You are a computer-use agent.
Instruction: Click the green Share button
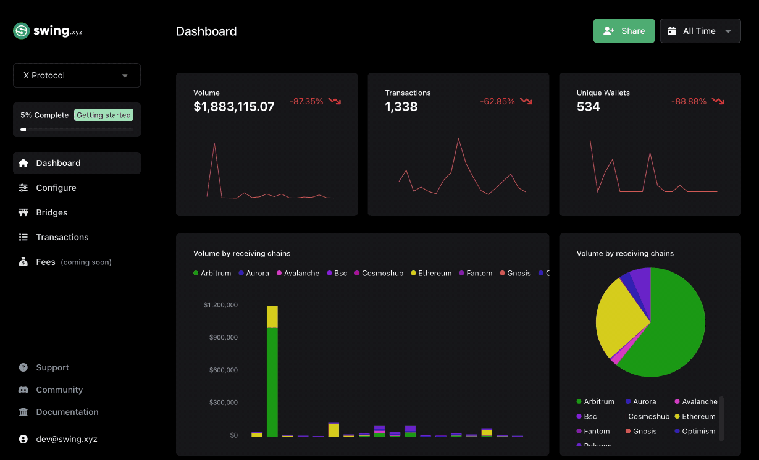click(624, 31)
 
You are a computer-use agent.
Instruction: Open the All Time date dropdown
click(700, 31)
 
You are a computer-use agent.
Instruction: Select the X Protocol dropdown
click(77, 75)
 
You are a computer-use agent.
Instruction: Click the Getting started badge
click(103, 115)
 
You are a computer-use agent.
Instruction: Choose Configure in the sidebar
click(56, 188)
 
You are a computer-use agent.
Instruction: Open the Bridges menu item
click(51, 212)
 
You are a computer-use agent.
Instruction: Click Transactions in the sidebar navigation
click(62, 237)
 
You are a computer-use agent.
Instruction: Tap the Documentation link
click(67, 412)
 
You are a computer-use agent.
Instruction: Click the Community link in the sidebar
click(59, 390)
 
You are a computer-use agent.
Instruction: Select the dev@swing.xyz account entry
click(66, 439)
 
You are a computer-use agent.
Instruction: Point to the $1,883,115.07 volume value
click(233, 107)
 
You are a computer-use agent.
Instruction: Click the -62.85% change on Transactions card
click(497, 101)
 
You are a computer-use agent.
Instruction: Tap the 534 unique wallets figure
click(588, 107)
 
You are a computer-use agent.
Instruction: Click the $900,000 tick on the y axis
click(220, 337)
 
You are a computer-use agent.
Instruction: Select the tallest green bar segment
click(272, 382)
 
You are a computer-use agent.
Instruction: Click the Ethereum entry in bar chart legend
click(434, 273)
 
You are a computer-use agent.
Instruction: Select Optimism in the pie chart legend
click(698, 431)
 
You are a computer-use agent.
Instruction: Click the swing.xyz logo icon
click(22, 31)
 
